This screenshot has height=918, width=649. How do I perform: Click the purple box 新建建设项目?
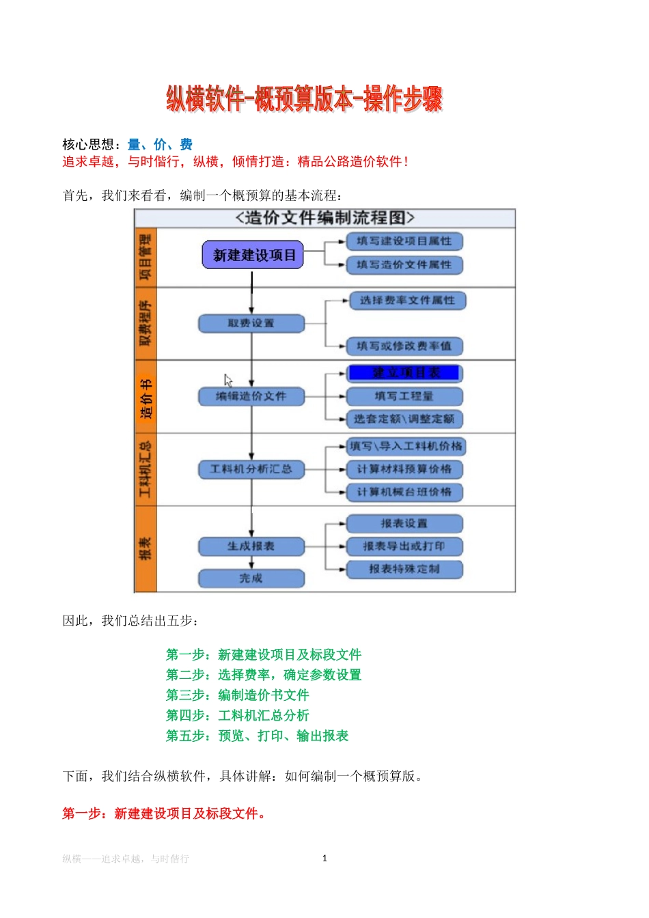tap(253, 255)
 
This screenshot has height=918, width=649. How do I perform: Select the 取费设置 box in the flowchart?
tap(251, 323)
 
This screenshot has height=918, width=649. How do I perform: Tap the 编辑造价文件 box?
tap(251, 396)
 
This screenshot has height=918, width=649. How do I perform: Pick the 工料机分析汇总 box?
tap(251, 469)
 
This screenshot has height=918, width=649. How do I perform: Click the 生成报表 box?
tap(251, 546)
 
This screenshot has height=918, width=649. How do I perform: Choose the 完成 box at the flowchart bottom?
tap(251, 579)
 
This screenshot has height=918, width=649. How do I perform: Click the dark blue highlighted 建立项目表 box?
tap(404, 373)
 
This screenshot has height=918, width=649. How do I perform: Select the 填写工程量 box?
tap(404, 396)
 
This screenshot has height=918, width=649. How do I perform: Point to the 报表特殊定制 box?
tap(404, 569)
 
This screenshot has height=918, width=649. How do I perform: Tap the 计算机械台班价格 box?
tap(404, 492)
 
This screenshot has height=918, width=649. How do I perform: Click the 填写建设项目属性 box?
tap(404, 241)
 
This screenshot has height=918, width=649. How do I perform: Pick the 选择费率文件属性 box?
tap(408, 301)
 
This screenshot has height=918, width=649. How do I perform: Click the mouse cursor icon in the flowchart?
tap(228, 380)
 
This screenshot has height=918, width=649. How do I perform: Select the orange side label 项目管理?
tap(146, 258)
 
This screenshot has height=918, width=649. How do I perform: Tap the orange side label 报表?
tap(146, 548)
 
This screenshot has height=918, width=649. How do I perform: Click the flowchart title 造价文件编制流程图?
tap(324, 218)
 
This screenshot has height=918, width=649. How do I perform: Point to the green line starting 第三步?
tap(237, 695)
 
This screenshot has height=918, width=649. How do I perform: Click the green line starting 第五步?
tap(257, 736)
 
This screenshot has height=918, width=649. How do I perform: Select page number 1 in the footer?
tap(324, 858)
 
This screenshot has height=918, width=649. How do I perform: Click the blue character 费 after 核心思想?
tap(186, 144)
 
